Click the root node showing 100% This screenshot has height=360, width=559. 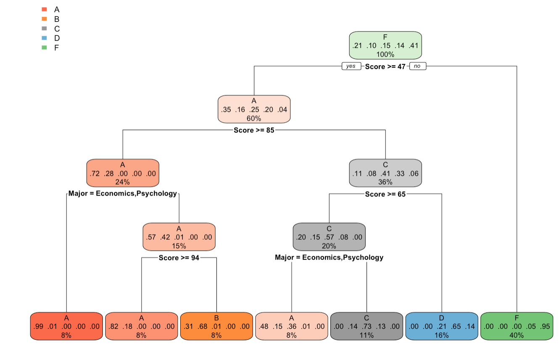385,45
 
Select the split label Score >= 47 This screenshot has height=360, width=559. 385,66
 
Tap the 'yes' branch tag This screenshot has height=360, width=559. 351,66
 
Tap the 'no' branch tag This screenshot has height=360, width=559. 417,66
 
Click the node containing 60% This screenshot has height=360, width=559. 254,109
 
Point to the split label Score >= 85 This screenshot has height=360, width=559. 254,130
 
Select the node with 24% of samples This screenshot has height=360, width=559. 123,173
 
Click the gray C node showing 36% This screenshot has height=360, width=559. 385,173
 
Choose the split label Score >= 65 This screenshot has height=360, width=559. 385,194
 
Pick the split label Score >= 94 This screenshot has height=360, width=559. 179,258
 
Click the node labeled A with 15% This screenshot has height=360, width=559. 179,237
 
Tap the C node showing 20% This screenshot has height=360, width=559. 329,237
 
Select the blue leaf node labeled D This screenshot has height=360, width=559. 442,326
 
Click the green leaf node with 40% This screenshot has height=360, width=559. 517,326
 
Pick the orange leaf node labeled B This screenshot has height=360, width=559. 216,326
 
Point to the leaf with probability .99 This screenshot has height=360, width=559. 66,326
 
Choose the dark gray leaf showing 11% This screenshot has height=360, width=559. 367,326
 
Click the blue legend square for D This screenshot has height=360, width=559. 44,38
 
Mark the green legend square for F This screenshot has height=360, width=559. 44,48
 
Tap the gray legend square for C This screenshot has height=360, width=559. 44,29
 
